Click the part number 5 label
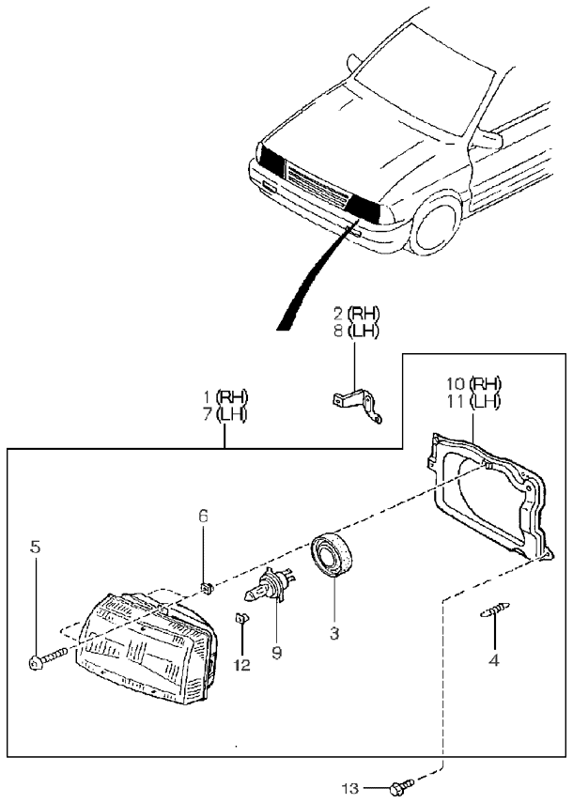coord(36,545)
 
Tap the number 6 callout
coord(203,515)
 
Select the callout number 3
coord(333,634)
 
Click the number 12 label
coord(243,664)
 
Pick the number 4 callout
coord(493,659)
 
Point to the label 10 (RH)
coord(473,383)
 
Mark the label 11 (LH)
coord(473,402)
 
